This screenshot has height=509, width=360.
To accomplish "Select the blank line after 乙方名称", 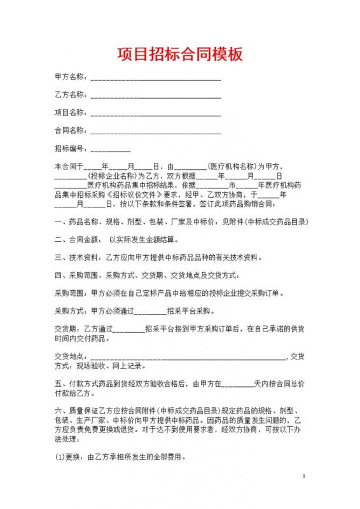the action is [156, 96].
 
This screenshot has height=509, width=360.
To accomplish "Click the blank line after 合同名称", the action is [156, 132].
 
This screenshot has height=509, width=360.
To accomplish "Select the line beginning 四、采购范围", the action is [146, 275].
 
